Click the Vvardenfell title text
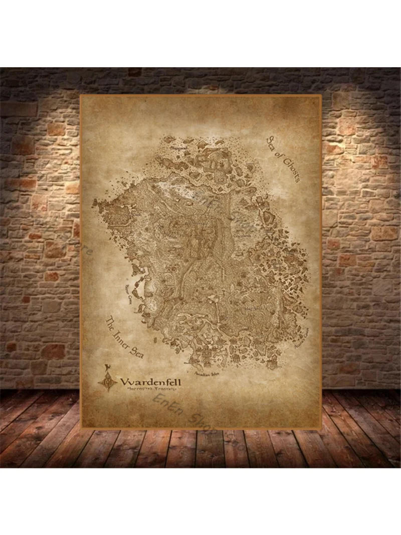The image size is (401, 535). point(151,382)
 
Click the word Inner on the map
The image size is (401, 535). point(123,336)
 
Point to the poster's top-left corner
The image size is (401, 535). point(81,95)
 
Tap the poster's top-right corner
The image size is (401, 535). point(320,95)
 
